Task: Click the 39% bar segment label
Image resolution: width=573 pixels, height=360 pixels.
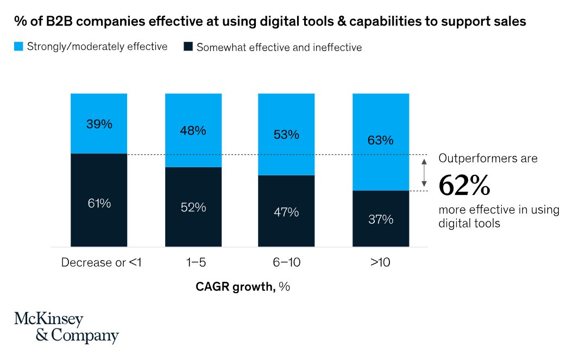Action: click(x=99, y=124)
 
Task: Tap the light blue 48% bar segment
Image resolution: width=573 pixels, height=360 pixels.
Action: click(x=193, y=130)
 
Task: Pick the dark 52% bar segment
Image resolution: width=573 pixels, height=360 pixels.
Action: click(x=193, y=207)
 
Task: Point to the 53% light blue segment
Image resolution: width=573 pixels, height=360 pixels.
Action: click(x=286, y=134)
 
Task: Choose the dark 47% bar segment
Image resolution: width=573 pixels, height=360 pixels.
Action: click(x=286, y=211)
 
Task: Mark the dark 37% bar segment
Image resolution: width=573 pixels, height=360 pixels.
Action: click(x=380, y=219)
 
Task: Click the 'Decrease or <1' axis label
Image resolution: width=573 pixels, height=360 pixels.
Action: click(x=102, y=263)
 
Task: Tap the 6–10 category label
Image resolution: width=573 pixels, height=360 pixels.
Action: click(x=286, y=263)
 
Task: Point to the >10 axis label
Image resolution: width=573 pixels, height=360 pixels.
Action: click(x=380, y=263)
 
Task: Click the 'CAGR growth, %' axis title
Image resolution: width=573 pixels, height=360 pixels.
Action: click(x=243, y=287)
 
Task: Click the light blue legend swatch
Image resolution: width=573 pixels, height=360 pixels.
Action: click(x=18, y=47)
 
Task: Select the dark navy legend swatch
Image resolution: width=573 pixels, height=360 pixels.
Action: click(x=188, y=47)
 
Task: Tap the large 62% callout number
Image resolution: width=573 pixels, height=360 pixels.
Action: click(x=464, y=185)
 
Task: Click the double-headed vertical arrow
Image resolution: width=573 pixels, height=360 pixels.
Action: click(x=424, y=173)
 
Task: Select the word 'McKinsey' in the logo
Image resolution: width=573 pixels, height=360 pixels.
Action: click(x=49, y=319)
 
